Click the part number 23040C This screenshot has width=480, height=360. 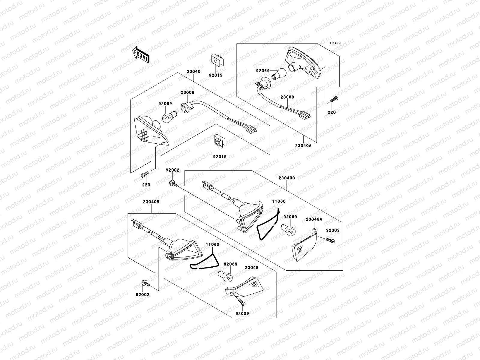(287, 178)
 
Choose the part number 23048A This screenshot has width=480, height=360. (314, 219)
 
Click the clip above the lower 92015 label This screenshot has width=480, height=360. (219, 142)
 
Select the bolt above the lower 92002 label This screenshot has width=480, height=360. (143, 282)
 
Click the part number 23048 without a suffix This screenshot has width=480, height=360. (251, 267)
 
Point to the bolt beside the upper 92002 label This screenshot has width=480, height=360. (173, 182)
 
